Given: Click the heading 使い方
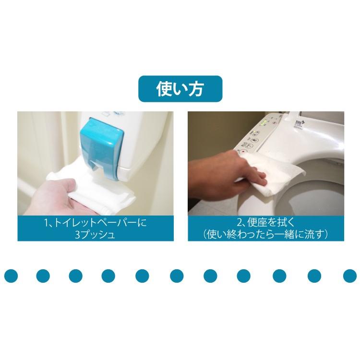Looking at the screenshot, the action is (180, 89).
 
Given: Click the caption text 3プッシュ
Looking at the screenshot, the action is (95, 235).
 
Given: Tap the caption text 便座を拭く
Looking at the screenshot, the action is (270, 223).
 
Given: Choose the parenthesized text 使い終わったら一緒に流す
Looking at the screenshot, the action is (266, 235).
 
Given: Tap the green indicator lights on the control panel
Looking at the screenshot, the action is (264, 122).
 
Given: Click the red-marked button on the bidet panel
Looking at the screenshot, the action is (242, 151).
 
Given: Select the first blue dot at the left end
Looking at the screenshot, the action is (11, 276).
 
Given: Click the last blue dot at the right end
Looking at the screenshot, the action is (349, 276).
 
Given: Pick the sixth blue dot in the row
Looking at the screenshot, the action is (177, 276).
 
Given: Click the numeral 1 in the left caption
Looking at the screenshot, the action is (46, 223).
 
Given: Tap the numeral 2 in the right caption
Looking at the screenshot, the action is (240, 223).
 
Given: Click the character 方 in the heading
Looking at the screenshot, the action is (196, 89).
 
